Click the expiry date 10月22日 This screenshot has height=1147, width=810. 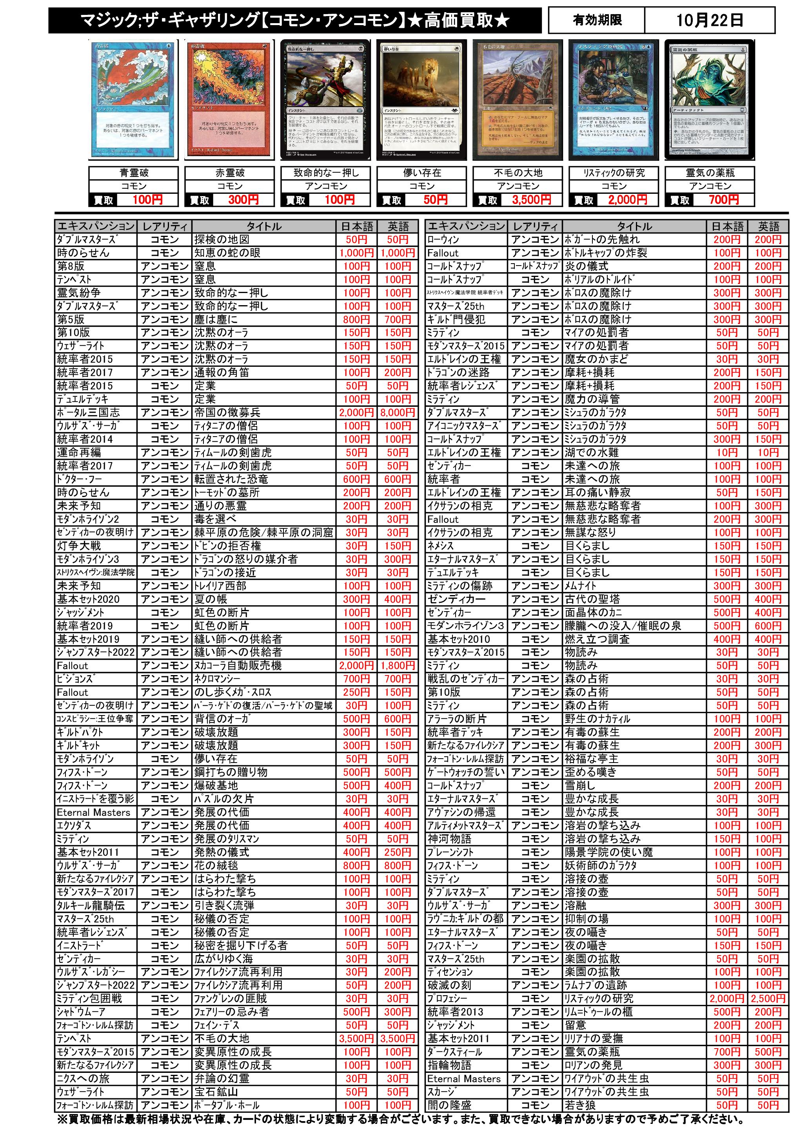coord(709,20)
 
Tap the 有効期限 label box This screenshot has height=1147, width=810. coord(597,20)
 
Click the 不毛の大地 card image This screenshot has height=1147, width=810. coord(518,100)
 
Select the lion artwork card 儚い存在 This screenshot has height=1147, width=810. coord(422,100)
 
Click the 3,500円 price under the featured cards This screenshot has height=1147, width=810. coord(531,200)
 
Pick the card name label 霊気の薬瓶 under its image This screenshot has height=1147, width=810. coord(710,173)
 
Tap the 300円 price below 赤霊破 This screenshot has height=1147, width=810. coord(243,200)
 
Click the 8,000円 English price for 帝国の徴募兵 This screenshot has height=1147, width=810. coord(398,413)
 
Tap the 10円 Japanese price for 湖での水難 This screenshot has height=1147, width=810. coord(726,453)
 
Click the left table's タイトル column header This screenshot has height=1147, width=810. coord(264,226)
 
